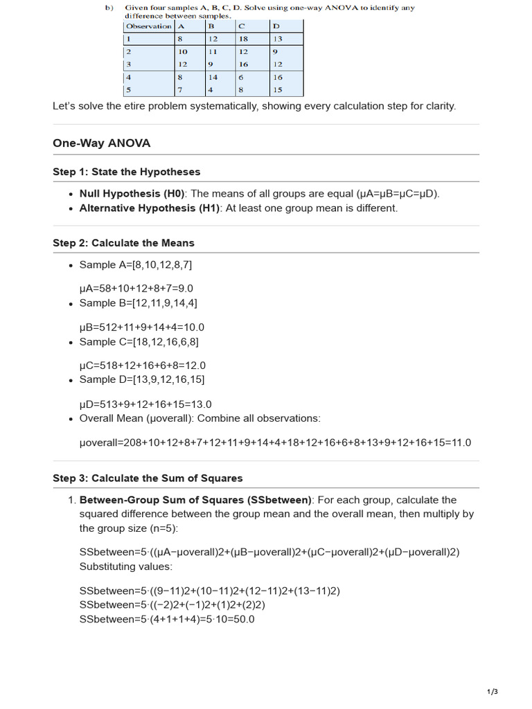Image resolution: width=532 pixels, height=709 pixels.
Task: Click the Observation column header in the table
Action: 148,26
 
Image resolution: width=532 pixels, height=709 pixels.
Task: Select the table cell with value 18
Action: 243,39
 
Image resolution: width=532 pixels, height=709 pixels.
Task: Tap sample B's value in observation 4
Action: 213,78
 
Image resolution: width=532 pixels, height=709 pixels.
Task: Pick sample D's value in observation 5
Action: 278,89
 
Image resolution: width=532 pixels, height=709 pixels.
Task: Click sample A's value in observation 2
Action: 183,52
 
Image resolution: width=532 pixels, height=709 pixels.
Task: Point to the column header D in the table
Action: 276,26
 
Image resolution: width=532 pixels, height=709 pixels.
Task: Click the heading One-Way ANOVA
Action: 101,143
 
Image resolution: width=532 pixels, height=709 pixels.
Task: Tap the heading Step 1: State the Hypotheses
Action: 126,172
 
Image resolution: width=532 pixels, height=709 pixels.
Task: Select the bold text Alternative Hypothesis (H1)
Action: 149,208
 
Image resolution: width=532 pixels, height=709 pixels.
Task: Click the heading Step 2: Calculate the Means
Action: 123,243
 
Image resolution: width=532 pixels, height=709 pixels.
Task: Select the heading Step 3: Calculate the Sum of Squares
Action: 148,478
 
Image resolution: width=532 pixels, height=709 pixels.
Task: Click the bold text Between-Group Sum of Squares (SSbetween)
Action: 196,500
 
